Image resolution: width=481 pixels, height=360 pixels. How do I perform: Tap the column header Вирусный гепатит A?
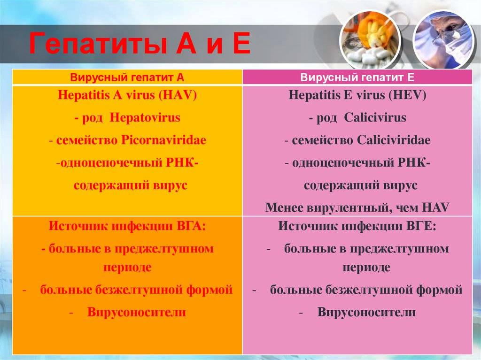[x=127, y=77]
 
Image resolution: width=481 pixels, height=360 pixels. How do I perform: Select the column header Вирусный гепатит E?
[x=357, y=77]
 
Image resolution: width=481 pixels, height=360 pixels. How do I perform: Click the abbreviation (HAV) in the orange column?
[x=178, y=95]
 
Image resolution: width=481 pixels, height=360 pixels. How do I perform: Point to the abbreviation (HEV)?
[x=407, y=95]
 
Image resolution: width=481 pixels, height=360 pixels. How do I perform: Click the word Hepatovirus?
[x=145, y=117]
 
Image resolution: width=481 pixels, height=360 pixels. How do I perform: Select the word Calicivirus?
[x=375, y=117]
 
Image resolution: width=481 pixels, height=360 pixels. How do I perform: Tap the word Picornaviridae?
[x=163, y=140]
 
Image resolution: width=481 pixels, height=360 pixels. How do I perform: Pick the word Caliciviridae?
[x=394, y=140]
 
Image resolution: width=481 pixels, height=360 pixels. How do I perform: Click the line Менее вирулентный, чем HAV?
[x=357, y=207]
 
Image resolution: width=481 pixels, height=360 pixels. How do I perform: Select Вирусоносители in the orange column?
[x=137, y=312]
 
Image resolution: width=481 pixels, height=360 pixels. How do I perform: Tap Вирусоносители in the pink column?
[x=366, y=312]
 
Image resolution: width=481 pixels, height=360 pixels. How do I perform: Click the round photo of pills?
[x=370, y=40]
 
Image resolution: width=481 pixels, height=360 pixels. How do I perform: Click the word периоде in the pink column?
[x=366, y=268]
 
